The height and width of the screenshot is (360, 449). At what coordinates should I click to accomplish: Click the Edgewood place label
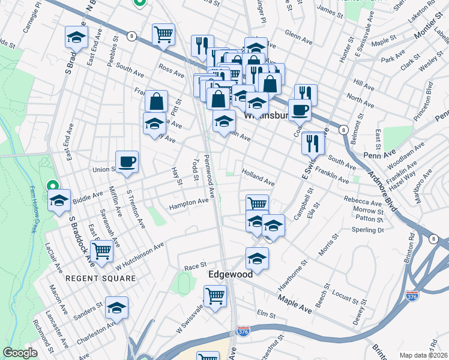(230, 273)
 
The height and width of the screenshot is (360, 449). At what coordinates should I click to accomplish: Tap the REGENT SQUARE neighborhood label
(93, 278)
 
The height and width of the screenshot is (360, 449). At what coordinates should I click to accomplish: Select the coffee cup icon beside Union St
(127, 162)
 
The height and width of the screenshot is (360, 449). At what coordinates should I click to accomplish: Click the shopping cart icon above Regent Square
(101, 251)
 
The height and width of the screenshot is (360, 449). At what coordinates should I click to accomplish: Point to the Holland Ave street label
(258, 176)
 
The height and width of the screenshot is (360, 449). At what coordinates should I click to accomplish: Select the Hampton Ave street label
(188, 204)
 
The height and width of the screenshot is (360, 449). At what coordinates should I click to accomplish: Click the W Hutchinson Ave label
(139, 254)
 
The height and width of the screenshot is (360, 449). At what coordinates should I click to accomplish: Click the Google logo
(20, 352)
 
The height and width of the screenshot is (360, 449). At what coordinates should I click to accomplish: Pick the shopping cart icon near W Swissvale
(214, 296)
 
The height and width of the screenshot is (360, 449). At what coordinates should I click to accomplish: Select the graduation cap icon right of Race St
(257, 259)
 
